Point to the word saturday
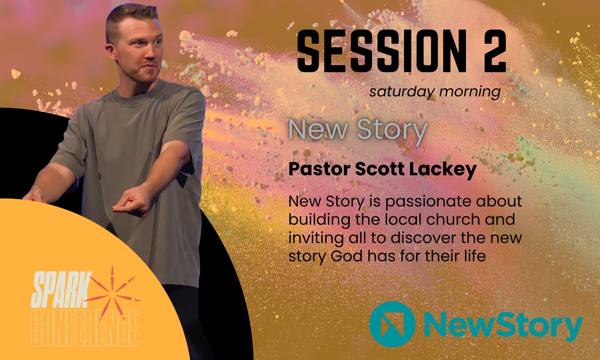tap(401, 92)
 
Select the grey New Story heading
tap(358, 129)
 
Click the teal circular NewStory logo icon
tap(393, 324)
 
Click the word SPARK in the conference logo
tap(61, 289)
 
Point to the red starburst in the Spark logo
tap(113, 294)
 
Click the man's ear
tap(111, 52)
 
